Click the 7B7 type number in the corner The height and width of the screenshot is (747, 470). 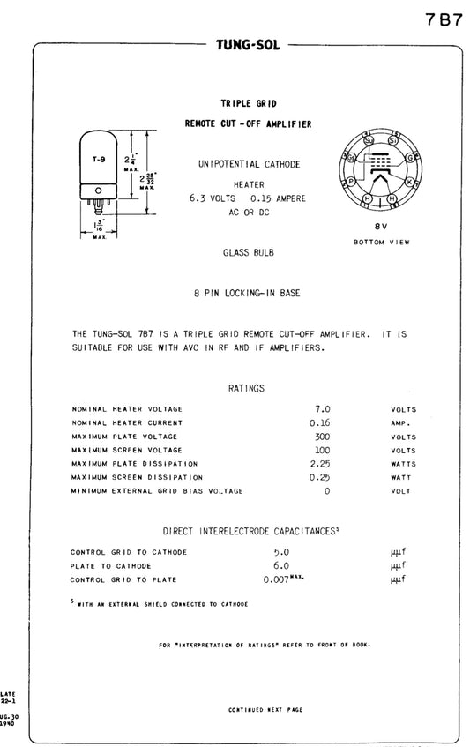[444, 20]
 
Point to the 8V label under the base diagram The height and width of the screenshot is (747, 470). [382, 226]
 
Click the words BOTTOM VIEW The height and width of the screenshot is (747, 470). [382, 241]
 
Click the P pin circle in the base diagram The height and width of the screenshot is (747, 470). [351, 181]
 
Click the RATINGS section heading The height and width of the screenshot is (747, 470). [247, 388]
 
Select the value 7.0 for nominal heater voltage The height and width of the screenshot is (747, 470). [322, 409]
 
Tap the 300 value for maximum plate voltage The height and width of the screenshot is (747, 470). [322, 437]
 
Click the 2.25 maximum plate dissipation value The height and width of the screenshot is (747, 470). [320, 463]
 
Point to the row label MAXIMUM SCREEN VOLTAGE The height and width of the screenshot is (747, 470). [124, 450]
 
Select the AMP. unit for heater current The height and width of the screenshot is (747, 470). [402, 422]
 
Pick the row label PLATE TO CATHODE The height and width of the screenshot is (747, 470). [111, 565]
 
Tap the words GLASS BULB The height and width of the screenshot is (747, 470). [248, 252]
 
